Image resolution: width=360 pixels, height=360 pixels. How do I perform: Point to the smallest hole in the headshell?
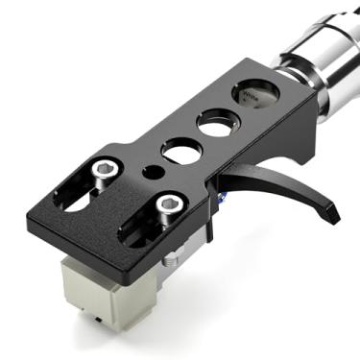click(149, 173)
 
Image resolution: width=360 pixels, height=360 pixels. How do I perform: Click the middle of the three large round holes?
click(215, 124)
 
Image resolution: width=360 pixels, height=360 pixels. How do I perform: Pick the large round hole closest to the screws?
click(180, 151)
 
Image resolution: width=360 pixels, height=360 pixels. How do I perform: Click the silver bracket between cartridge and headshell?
click(173, 257)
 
